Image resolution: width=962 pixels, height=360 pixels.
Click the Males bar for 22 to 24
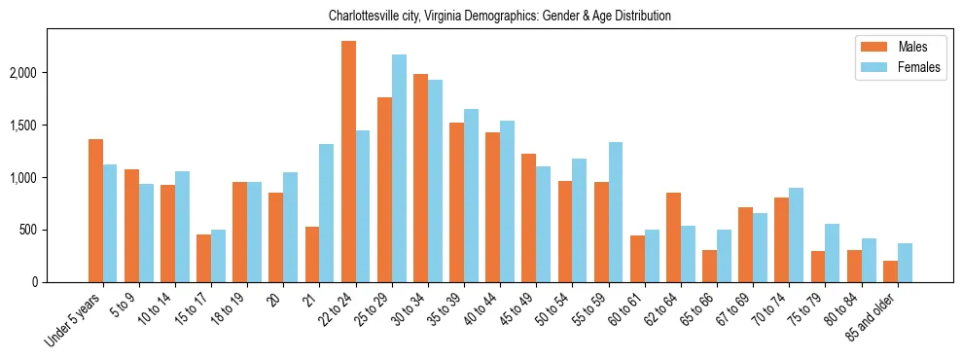tap(348, 162)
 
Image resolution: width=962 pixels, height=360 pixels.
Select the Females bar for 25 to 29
tap(399, 168)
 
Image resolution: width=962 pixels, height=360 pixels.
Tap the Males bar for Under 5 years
tap(95, 210)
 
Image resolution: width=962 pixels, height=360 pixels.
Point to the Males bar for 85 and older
tap(890, 271)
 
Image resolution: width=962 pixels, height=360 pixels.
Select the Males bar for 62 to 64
tap(673, 237)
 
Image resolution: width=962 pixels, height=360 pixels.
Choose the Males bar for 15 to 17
tap(203, 258)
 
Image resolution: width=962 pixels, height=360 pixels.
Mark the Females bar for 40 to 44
tap(508, 201)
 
